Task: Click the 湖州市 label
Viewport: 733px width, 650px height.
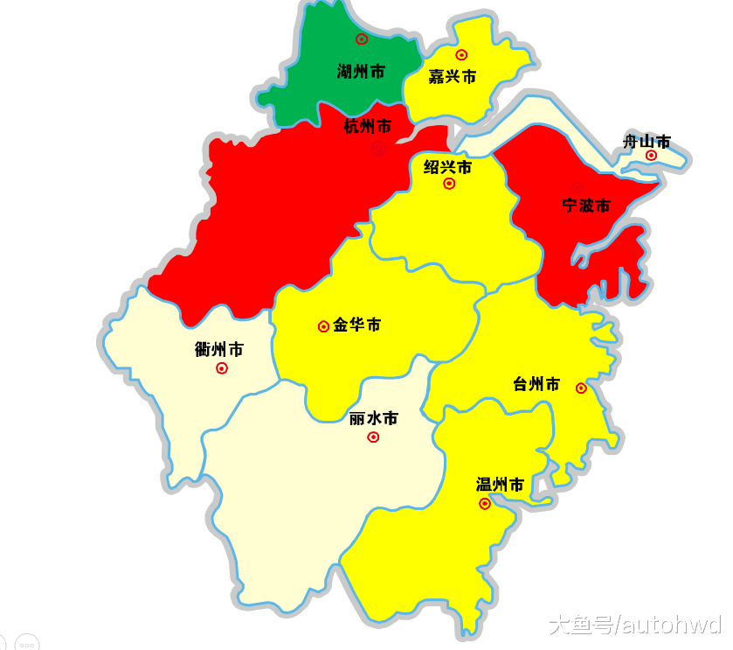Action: coord(361,72)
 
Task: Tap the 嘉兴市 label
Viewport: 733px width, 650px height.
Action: coord(452,77)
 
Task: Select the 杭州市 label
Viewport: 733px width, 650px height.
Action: coord(367,127)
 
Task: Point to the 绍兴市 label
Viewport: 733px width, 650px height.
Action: coord(447,167)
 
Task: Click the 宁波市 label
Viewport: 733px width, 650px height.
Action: coord(585,206)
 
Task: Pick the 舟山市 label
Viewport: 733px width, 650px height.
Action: coord(647,141)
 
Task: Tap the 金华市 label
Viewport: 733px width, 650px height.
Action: coord(356,325)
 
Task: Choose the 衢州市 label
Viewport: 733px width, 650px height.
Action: coord(218,350)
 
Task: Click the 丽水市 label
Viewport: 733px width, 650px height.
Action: coord(373,419)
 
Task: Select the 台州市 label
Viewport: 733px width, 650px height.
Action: coord(536,384)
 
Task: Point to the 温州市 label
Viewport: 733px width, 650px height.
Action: coord(500,485)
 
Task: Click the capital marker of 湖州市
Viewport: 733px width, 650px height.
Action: coord(362,38)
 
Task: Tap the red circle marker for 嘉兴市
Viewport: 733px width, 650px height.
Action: coord(461,55)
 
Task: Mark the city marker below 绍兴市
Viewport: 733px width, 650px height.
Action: coord(449,184)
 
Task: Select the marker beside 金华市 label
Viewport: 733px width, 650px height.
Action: coord(323,326)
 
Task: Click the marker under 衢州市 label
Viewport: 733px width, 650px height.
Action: coord(222,368)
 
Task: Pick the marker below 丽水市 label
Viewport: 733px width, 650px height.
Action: coord(373,437)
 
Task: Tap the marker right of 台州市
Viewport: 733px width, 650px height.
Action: coord(581,388)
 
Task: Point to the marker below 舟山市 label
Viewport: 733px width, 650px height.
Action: coord(651,156)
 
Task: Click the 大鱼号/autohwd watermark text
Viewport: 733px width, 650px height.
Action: coord(635,625)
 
